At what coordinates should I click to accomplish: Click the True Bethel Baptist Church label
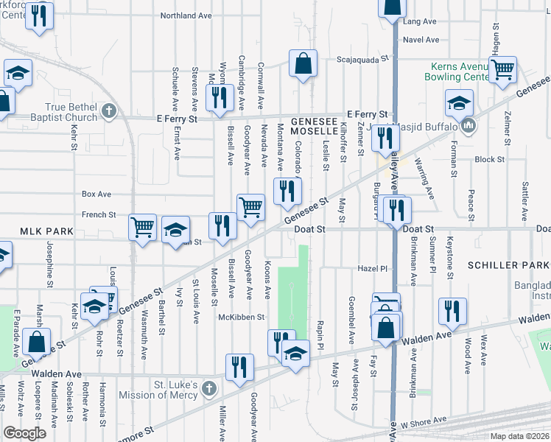point(64,113)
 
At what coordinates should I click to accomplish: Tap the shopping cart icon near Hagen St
point(502,69)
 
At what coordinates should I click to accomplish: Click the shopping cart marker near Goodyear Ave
point(250,208)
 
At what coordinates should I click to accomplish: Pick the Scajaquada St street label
point(362,59)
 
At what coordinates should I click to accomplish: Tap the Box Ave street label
point(96,194)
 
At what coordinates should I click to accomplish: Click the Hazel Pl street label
point(372,268)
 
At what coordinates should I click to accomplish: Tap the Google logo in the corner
point(24,433)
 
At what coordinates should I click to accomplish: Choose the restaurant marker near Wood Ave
point(450,312)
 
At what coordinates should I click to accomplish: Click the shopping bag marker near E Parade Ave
point(36,342)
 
